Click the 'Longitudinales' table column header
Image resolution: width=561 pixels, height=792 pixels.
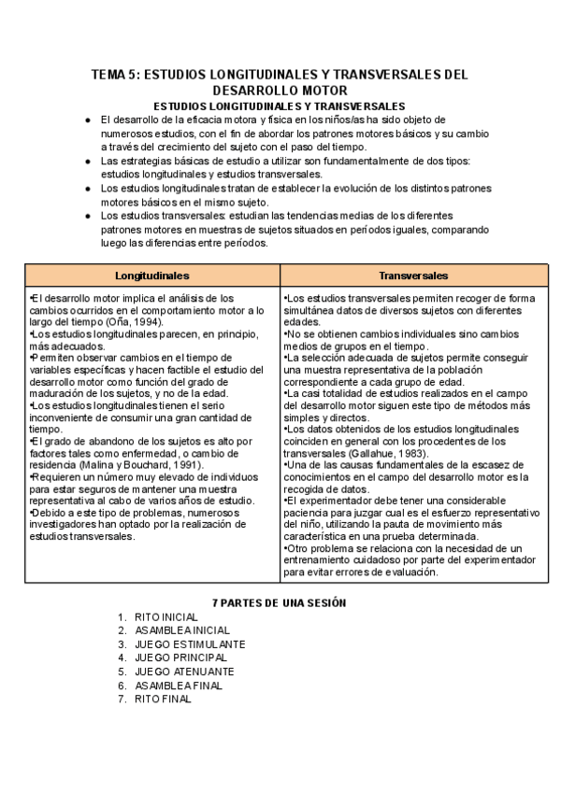[x=152, y=276]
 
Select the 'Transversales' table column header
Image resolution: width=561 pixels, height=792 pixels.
[x=413, y=276]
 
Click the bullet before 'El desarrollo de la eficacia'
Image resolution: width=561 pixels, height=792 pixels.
[x=87, y=120]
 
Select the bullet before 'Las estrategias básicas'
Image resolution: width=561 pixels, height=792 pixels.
[x=87, y=161]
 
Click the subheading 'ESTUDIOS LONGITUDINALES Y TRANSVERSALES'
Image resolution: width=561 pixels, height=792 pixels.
[x=279, y=106]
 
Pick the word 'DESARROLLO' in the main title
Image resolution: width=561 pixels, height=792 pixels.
[x=257, y=91]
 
